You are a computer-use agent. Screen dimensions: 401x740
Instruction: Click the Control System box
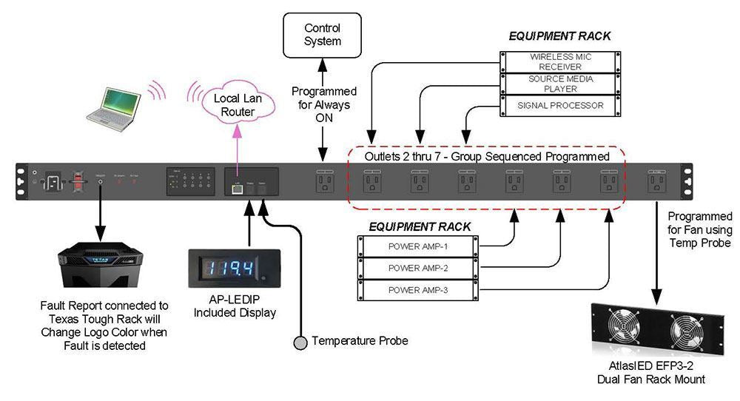(x=323, y=34)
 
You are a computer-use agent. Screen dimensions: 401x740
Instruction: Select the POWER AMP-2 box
(x=418, y=269)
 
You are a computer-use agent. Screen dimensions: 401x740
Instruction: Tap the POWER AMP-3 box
(x=418, y=291)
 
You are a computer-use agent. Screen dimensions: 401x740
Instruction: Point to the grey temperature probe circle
(x=300, y=342)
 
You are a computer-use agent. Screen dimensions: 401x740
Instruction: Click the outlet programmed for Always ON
(x=323, y=182)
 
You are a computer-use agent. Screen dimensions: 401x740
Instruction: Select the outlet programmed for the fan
(x=656, y=182)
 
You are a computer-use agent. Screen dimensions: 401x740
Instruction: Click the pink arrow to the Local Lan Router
(x=237, y=148)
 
